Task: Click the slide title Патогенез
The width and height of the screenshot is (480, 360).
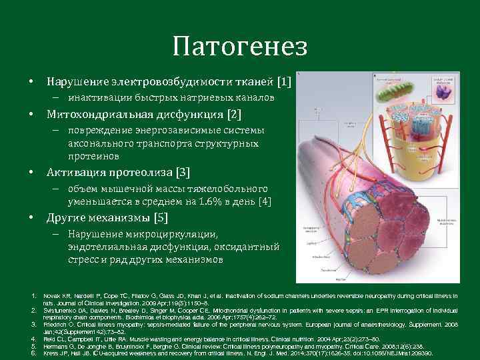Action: (239, 47)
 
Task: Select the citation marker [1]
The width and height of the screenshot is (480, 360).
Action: (284, 82)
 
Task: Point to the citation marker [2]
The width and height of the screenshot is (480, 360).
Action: (235, 114)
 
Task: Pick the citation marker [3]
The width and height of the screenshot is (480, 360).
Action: (183, 173)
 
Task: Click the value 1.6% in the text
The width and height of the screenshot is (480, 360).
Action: (203, 201)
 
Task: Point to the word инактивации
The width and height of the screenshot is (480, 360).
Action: (98, 98)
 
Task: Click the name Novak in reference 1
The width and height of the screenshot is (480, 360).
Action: (51, 295)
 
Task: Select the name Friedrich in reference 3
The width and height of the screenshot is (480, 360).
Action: (54, 324)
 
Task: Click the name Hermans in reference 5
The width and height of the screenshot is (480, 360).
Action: (54, 346)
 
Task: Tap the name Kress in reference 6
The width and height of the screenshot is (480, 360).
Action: (51, 353)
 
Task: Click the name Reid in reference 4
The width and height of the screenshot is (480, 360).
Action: (49, 339)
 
